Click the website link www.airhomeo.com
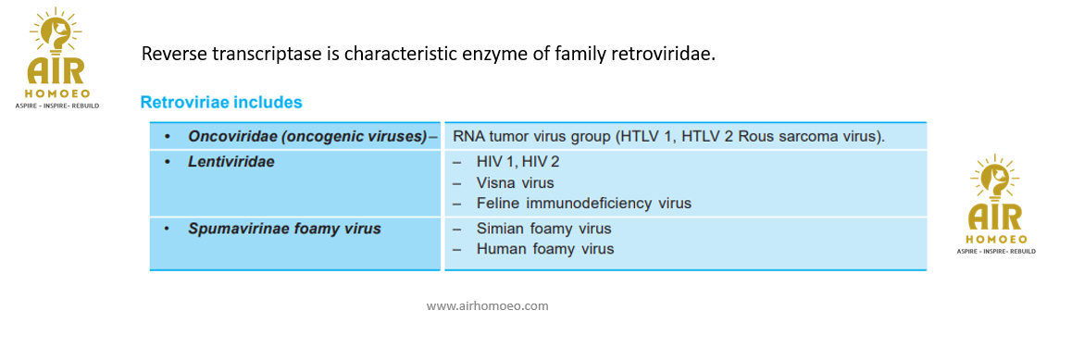click(x=488, y=306)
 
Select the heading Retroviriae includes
click(x=221, y=103)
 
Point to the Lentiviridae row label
click(x=231, y=163)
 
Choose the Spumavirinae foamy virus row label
click(x=284, y=229)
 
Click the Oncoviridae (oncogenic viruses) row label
click(x=307, y=136)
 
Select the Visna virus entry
click(x=515, y=183)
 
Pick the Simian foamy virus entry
click(x=543, y=229)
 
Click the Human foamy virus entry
click(x=545, y=249)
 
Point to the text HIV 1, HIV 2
click(x=517, y=163)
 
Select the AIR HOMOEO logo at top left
click(x=56, y=57)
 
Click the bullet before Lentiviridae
click(x=168, y=163)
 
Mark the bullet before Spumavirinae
click(x=168, y=230)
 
